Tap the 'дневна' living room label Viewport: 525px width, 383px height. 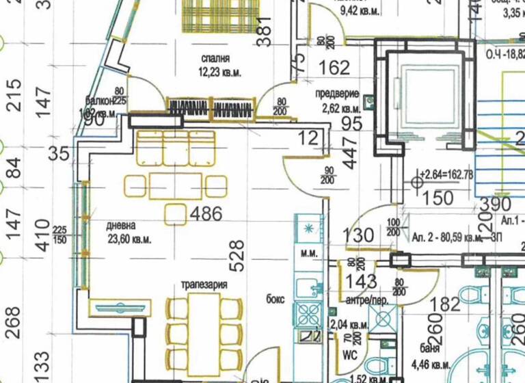coord(121,226)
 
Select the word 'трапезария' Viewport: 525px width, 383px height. coord(204,284)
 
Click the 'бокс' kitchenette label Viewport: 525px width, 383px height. coord(276,299)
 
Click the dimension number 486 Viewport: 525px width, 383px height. coord(206,214)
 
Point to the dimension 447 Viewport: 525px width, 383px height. coord(351,153)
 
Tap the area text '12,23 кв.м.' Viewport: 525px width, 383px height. coord(220,72)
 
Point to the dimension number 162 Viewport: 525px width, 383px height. coord(334,68)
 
